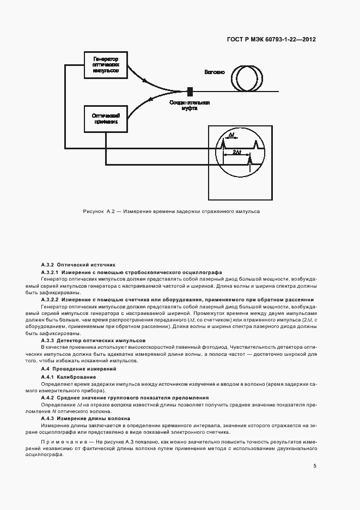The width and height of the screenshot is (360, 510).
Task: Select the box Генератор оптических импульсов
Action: click(106, 65)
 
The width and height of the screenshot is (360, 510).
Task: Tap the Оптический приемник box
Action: click(106, 119)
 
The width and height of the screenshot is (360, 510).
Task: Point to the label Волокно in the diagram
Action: click(214, 72)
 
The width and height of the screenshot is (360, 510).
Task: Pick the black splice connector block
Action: click(190, 92)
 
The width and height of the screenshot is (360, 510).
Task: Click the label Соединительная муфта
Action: click(190, 106)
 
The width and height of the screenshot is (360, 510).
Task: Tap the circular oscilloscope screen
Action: click(240, 156)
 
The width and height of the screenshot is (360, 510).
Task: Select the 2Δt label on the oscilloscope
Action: click(236, 152)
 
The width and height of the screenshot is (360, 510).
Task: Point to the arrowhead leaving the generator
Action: click(145, 82)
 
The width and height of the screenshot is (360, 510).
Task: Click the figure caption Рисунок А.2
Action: click(171, 211)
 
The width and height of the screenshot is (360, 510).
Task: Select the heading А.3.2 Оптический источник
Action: click(78, 264)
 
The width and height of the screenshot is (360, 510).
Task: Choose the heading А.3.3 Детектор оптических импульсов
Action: click(93, 340)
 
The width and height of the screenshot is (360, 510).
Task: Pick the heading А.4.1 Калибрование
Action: click(69, 377)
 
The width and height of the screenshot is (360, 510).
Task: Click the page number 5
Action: click(315, 466)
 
